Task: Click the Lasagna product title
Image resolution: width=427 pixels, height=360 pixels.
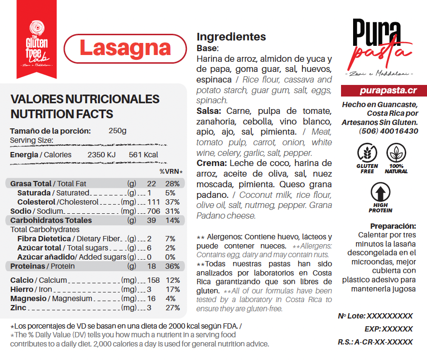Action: (125, 48)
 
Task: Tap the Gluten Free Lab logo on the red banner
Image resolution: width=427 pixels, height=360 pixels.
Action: (37, 44)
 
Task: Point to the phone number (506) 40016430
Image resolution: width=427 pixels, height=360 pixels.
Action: (388, 131)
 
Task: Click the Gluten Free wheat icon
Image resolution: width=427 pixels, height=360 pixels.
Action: (368, 153)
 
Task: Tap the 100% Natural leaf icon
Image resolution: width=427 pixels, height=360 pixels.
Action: (396, 153)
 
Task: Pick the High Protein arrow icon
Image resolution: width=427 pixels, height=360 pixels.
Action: (381, 193)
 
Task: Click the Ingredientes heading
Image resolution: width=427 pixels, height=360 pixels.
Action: (231, 37)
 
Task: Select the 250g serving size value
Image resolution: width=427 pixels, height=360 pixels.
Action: (117, 131)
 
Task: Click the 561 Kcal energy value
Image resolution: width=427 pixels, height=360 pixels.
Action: (143, 155)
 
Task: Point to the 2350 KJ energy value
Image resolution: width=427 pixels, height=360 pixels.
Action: (101, 155)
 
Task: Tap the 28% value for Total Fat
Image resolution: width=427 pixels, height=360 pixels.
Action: (172, 184)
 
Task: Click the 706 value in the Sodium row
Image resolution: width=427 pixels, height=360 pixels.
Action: (153, 211)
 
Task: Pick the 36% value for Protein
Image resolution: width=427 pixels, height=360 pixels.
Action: (172, 266)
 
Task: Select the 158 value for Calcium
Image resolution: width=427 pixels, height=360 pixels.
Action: (153, 280)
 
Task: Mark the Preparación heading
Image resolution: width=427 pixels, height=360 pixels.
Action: (393, 226)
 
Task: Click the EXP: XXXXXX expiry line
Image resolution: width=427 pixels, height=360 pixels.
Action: (388, 329)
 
